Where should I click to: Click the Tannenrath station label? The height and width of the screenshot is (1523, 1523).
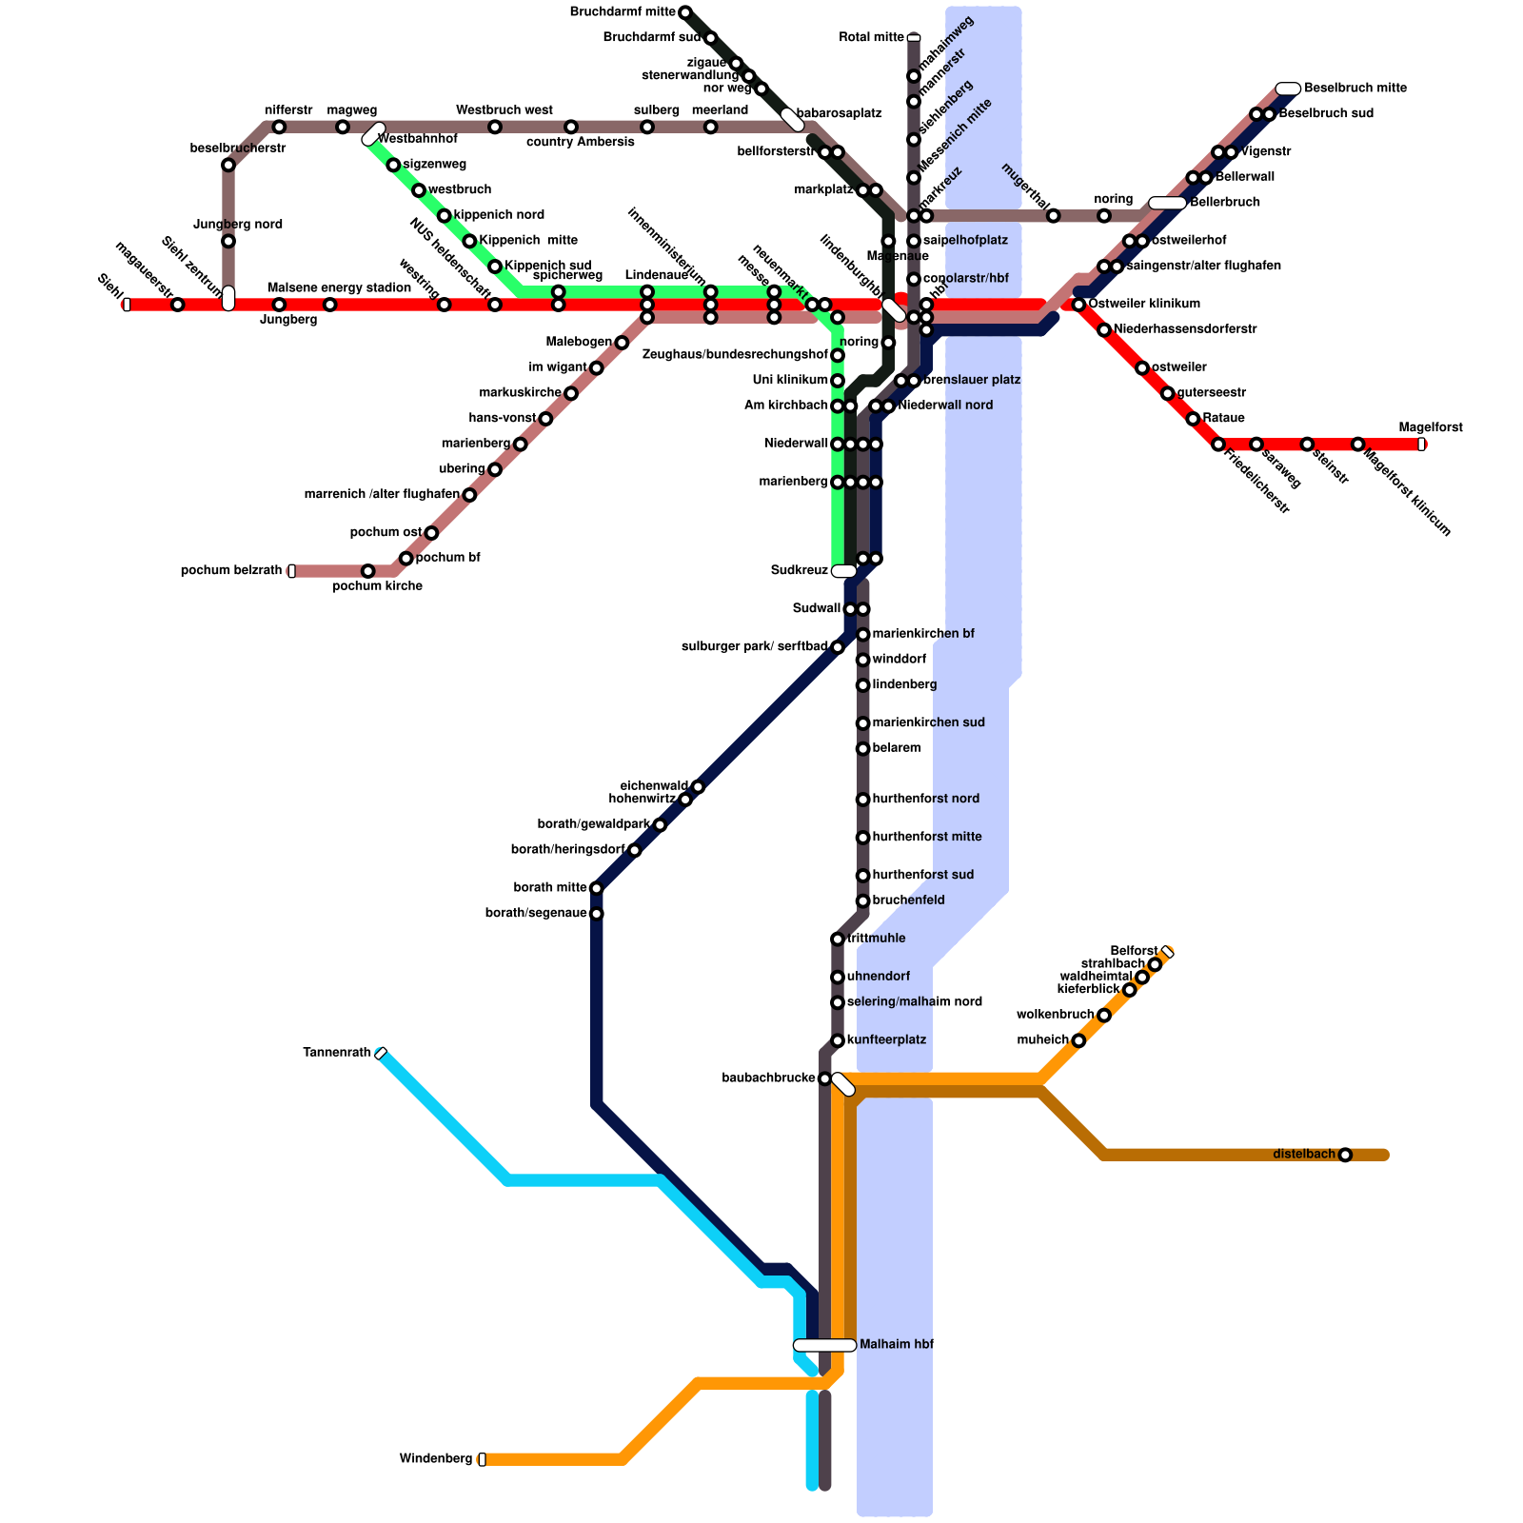click(336, 1052)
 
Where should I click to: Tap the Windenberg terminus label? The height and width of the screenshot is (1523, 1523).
click(435, 1459)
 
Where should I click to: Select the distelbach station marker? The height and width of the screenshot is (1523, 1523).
click(1345, 1155)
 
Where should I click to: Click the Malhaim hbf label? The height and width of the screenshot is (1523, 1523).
click(896, 1345)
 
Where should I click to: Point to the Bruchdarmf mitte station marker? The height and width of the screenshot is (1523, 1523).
click(684, 12)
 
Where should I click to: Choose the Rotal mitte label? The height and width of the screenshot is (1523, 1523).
click(871, 38)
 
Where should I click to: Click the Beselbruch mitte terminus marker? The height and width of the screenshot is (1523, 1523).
click(1288, 89)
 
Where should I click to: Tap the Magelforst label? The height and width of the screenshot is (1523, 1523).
click(1430, 427)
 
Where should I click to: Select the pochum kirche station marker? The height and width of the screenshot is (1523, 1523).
click(368, 571)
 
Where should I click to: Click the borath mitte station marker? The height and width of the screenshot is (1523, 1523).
click(597, 888)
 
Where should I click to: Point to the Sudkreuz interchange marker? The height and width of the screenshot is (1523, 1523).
click(843, 571)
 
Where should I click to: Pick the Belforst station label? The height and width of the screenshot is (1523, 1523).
click(1134, 951)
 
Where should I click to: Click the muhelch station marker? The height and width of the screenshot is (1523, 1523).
click(1078, 1040)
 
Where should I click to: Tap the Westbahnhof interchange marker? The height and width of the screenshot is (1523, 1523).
click(373, 134)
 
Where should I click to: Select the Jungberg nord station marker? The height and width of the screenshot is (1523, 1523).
click(228, 241)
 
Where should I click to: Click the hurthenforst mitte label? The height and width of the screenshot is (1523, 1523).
click(926, 837)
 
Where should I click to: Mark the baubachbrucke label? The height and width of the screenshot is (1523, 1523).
click(768, 1078)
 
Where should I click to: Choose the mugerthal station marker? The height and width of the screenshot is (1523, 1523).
click(1053, 216)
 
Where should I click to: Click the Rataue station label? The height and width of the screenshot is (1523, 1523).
click(1223, 418)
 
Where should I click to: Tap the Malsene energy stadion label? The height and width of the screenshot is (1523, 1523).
click(339, 287)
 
